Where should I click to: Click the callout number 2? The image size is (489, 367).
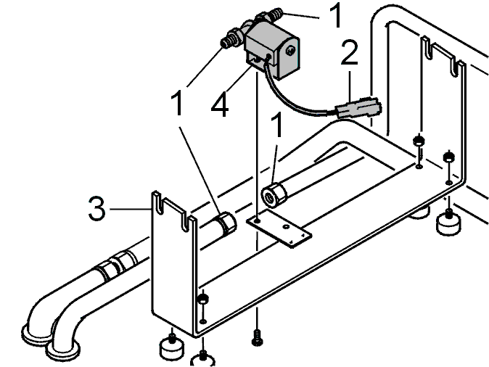click(349, 52)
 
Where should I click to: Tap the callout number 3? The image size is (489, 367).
click(97, 208)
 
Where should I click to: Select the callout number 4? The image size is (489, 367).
click(220, 104)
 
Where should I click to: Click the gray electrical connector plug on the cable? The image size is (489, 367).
click(358, 108)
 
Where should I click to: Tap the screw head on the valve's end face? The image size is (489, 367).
click(290, 51)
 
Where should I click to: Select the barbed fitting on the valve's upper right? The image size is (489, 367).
click(270, 15)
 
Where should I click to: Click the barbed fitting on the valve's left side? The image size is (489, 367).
click(231, 38)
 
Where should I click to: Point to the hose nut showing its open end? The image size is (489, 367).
click(274, 194)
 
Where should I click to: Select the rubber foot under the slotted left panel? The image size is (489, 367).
click(171, 347)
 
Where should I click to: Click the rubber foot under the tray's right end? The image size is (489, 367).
click(448, 222)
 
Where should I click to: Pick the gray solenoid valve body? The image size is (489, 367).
click(272, 49)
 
